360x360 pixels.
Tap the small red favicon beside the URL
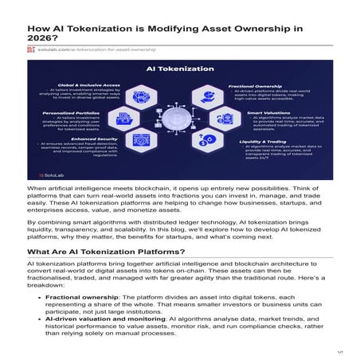(31, 49)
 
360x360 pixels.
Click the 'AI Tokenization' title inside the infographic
(179, 69)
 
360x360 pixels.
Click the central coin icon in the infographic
(180, 124)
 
